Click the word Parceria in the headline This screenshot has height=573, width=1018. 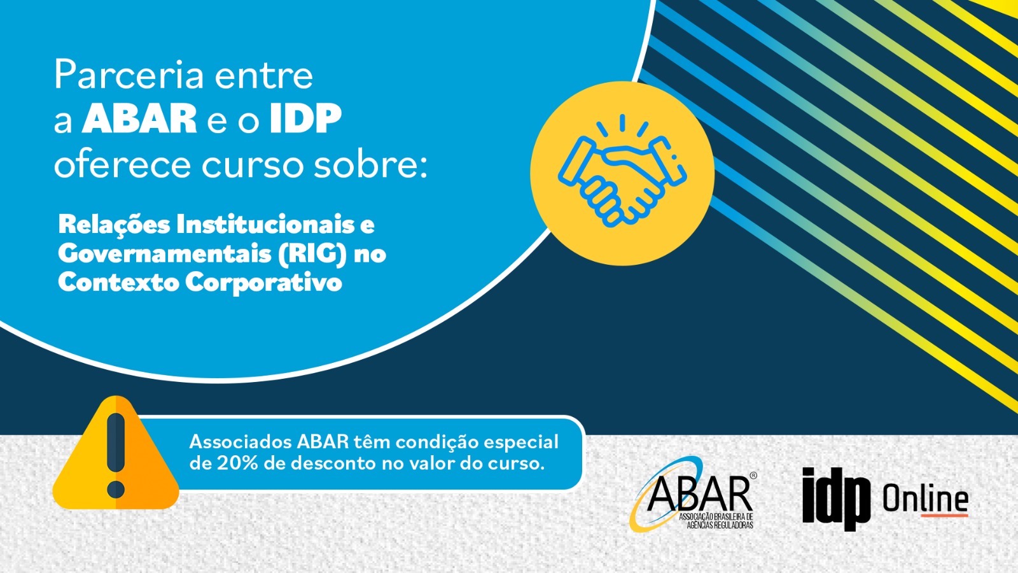point(129,75)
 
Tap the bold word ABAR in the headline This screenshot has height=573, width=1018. point(139,118)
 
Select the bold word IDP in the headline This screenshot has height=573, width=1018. point(305,118)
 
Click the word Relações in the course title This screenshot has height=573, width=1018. point(114,225)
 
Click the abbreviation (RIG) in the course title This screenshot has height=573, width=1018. point(312,254)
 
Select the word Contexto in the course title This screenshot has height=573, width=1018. point(118,283)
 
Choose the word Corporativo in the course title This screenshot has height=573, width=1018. point(263,283)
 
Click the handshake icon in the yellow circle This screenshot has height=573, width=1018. point(622,171)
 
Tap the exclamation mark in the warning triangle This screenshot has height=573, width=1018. point(116,455)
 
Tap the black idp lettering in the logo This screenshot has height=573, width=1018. point(836,498)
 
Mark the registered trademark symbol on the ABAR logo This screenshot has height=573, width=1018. point(753,476)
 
